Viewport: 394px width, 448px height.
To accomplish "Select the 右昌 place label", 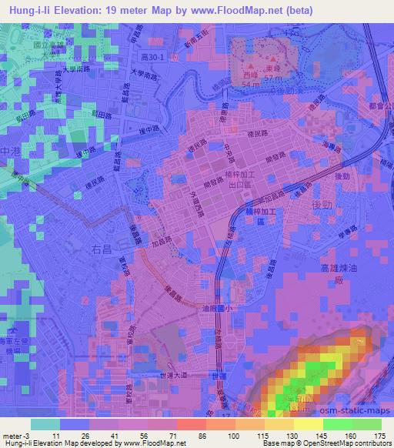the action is coord(103,249).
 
